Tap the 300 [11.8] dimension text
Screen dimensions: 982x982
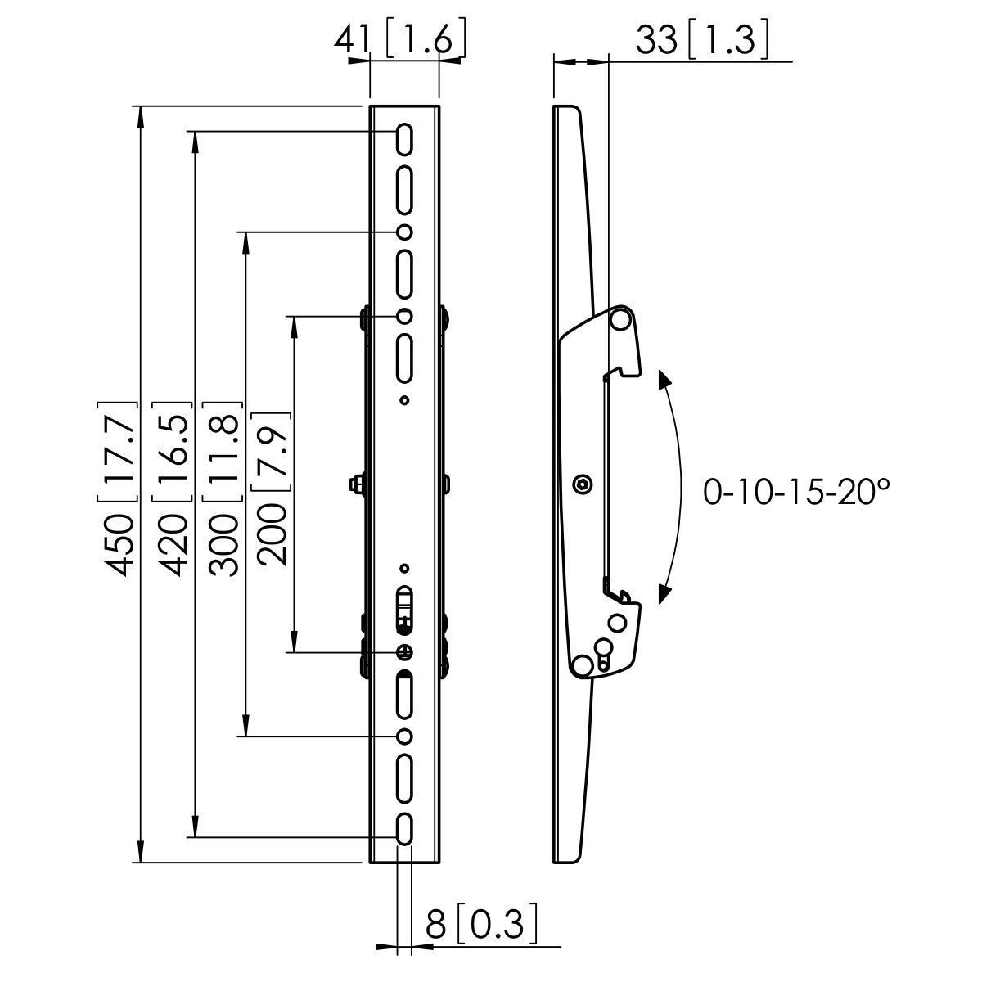[223, 489]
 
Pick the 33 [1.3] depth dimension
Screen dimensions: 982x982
[700, 39]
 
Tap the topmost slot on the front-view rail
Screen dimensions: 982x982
[404, 139]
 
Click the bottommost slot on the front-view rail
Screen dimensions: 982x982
[404, 829]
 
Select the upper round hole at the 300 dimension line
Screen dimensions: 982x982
[404, 232]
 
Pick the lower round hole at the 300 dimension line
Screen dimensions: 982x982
[404, 736]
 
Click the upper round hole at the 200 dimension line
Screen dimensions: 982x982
[404, 316]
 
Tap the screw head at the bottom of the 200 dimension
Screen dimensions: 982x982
[404, 651]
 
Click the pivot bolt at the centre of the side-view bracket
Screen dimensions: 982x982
[581, 484]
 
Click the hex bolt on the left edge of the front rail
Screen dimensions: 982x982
[357, 484]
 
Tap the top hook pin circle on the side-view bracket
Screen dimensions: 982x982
[620, 318]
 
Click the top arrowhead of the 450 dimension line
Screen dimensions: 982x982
[142, 115]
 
